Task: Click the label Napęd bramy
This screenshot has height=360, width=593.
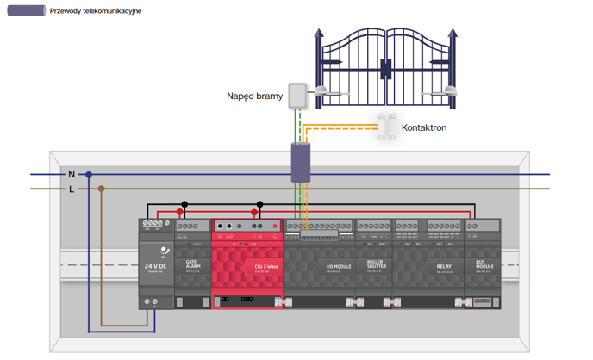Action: click(254, 96)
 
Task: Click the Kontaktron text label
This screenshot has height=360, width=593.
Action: click(424, 127)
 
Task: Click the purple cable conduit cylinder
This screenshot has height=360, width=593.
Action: click(300, 163)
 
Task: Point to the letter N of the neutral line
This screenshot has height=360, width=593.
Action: click(72, 174)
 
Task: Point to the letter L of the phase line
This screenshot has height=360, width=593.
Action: click(72, 189)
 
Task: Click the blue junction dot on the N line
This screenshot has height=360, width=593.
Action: click(88, 175)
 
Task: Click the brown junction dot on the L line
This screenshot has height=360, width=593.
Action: click(101, 189)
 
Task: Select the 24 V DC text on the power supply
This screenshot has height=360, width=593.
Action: click(156, 267)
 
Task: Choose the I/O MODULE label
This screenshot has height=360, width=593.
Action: click(339, 267)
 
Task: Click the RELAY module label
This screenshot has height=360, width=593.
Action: click(443, 267)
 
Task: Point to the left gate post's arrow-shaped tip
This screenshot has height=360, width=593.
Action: click(318, 34)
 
